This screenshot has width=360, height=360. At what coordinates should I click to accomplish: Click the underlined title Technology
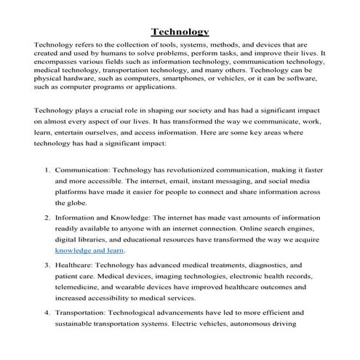[180, 31]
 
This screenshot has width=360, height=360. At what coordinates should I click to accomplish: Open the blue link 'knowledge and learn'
[90, 249]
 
